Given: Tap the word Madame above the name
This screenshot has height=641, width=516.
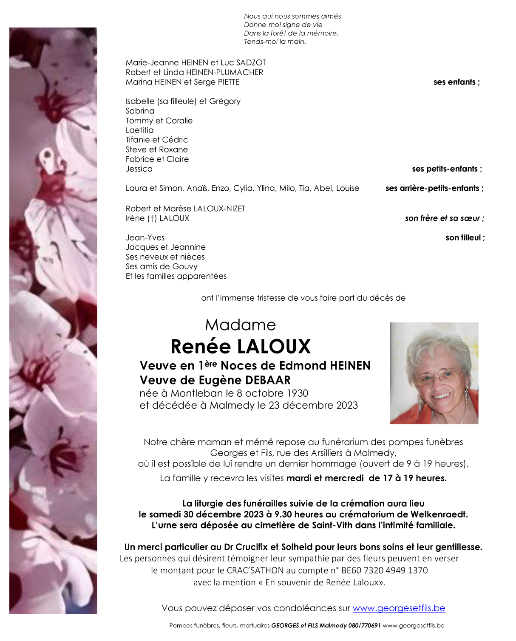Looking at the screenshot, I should click(240, 325).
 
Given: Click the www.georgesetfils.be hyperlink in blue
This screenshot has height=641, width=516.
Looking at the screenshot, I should click(399, 608).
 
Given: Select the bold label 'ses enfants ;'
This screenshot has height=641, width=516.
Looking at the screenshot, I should click(456, 82).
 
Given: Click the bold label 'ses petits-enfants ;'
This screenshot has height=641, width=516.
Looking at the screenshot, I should click(447, 169).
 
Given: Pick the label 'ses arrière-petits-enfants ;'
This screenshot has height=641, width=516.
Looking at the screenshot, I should click(434, 188).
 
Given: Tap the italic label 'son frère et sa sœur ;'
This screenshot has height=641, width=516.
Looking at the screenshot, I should click(444, 218).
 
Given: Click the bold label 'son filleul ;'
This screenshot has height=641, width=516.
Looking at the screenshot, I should click(465, 238).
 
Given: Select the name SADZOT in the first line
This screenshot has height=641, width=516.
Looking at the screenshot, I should click(251, 63).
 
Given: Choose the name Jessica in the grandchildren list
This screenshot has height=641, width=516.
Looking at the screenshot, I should click(139, 169).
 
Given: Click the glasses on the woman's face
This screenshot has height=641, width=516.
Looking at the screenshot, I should click(437, 376).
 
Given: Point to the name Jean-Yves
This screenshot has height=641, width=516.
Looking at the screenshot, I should click(145, 238).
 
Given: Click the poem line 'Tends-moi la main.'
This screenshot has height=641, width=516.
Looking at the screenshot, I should click(275, 42).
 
